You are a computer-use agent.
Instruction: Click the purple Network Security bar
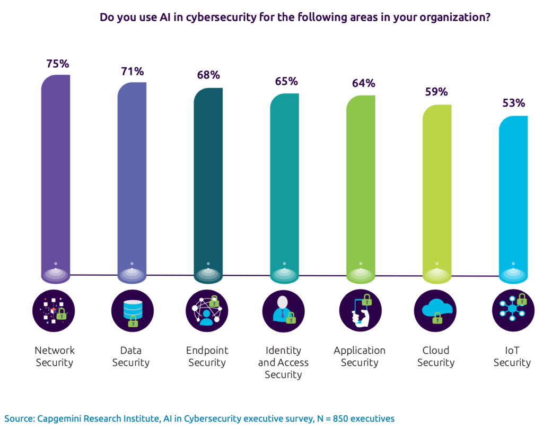56,175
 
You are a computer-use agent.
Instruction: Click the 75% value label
57,64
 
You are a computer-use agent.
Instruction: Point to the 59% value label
436,92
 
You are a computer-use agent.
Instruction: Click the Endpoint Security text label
207,356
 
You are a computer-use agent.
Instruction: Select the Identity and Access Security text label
283,362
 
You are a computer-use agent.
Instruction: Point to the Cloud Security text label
436,356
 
